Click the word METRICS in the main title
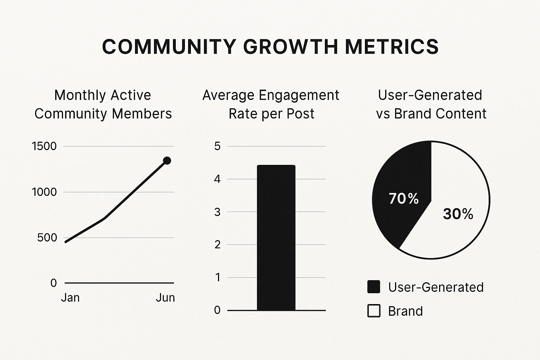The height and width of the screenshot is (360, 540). click(392, 47)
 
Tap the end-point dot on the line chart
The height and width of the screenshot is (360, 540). click(167, 161)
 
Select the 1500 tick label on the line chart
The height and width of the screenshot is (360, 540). click(44, 146)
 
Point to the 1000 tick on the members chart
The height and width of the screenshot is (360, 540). click(44, 192)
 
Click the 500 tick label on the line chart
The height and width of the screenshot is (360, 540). click(47, 238)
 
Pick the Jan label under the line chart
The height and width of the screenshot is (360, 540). click(70, 298)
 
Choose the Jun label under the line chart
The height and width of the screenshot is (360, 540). click(165, 298)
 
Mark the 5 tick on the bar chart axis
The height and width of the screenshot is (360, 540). click(217, 146)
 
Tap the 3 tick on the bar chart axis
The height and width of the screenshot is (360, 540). click(217, 212)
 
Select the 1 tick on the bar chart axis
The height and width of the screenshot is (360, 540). click(217, 277)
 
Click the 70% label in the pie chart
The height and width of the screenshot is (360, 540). click(404, 199)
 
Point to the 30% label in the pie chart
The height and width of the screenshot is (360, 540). click(458, 214)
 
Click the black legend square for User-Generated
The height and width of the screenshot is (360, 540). click(374, 287)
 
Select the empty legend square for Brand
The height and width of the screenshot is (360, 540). click(374, 311)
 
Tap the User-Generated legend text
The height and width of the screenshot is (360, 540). click(436, 287)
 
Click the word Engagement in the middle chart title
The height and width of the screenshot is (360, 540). click(299, 96)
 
